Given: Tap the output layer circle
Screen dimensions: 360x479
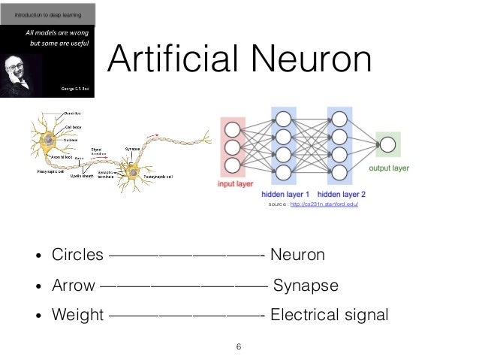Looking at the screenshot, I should click(x=387, y=144).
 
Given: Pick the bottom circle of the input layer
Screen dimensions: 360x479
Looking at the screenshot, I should click(x=233, y=164).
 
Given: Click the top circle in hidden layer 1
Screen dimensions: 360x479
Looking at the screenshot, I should click(x=283, y=119).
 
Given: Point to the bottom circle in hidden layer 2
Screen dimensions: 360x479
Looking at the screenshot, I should click(x=339, y=172).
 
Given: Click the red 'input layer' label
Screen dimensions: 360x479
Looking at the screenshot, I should click(x=234, y=182).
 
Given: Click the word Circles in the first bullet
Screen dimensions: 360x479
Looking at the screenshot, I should click(x=77, y=256).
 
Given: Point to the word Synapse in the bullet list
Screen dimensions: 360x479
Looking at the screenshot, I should click(x=306, y=286).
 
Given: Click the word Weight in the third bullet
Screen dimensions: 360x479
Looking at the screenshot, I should click(x=77, y=314).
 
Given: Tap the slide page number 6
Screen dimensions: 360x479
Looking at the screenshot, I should click(x=239, y=346).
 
